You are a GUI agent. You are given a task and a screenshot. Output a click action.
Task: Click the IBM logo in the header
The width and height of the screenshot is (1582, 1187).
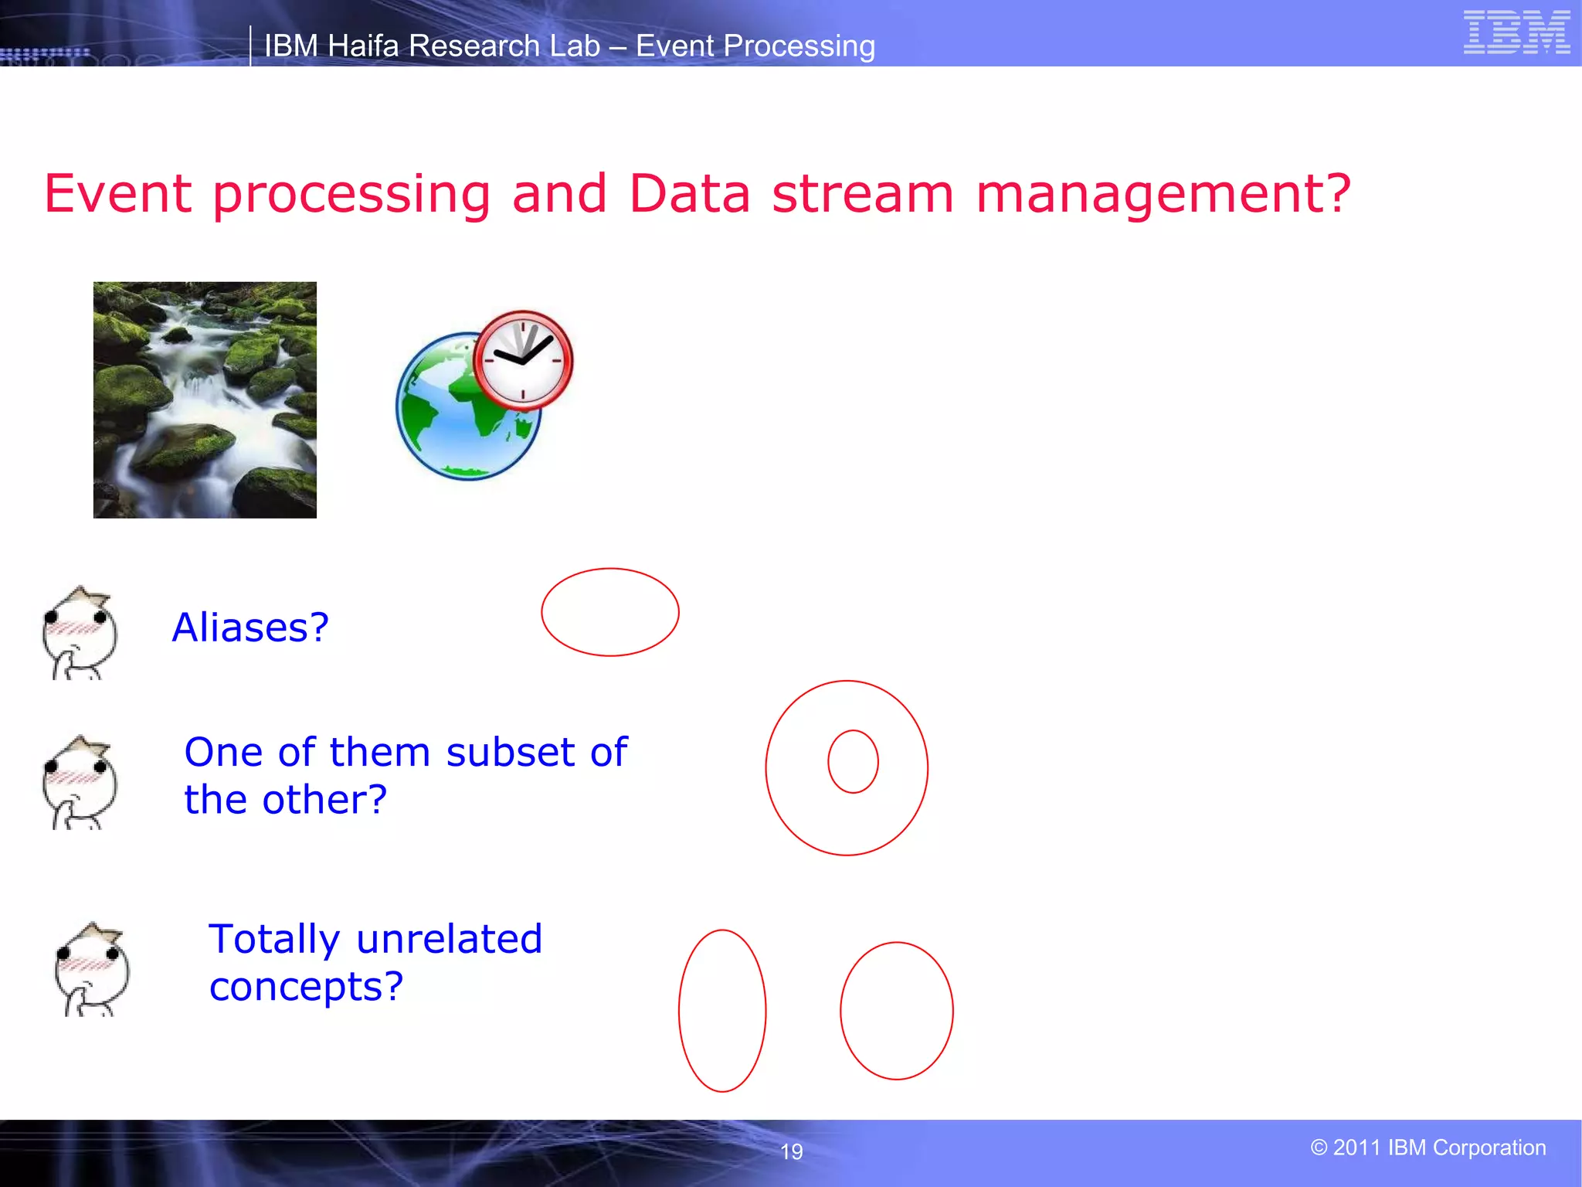click(x=1516, y=32)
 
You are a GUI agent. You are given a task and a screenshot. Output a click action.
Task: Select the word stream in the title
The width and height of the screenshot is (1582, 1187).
click(x=863, y=193)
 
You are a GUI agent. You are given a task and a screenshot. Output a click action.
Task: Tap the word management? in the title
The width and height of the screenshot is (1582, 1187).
click(x=1163, y=193)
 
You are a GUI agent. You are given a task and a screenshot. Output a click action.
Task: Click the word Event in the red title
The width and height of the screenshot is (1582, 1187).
click(x=117, y=193)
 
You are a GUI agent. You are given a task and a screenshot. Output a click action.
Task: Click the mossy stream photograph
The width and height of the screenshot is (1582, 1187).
click(x=205, y=400)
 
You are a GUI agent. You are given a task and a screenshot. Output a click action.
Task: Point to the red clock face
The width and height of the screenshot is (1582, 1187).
click(x=523, y=360)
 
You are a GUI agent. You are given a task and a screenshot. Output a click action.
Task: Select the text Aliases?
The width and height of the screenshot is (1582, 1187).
click(x=250, y=627)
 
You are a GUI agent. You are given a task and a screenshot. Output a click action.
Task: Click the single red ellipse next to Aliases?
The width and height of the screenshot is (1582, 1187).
click(x=609, y=612)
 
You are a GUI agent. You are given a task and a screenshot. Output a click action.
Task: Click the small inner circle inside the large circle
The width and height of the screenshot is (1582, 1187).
click(x=853, y=761)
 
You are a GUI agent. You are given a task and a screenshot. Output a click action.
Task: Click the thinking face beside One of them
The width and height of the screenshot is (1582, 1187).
click(x=80, y=783)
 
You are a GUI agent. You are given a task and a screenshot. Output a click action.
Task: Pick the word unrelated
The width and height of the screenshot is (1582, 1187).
click(x=449, y=939)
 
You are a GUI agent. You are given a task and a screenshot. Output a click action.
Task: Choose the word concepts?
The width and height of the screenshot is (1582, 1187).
click(x=306, y=987)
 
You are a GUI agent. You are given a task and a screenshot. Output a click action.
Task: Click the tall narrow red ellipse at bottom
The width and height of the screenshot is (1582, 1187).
click(x=722, y=1010)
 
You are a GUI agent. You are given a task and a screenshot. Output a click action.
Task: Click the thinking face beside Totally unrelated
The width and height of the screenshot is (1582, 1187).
click(x=92, y=970)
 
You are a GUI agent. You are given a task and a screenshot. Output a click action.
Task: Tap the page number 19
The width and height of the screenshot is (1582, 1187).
click(x=792, y=1151)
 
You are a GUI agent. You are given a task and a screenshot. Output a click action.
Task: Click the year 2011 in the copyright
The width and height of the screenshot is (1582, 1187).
click(x=1357, y=1148)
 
